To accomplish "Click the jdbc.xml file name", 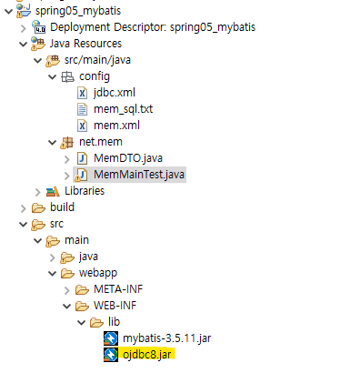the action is point(115,93).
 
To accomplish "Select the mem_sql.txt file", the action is point(123,109).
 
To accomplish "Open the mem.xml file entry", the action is point(116,126).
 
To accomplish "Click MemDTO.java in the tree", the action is point(128,158).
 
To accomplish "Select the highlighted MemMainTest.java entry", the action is point(139,175).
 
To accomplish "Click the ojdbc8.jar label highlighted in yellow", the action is point(147,354).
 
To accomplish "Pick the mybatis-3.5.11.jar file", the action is point(166,338).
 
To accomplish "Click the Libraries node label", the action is point(85,191).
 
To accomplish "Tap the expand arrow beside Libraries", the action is point(38,192).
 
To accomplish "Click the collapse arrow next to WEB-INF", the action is point(67,306).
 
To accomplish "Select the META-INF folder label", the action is point(118,289).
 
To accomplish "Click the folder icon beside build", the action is point(38,207).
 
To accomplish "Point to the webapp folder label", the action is point(98,273).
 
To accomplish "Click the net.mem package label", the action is point(101,142).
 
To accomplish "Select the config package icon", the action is point(67,76).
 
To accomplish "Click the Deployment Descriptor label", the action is point(153,27).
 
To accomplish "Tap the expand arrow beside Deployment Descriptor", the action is point(24,28).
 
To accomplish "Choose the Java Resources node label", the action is point(85,44).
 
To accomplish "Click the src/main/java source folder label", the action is point(97,60).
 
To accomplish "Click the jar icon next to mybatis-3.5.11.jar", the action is point(111,338).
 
